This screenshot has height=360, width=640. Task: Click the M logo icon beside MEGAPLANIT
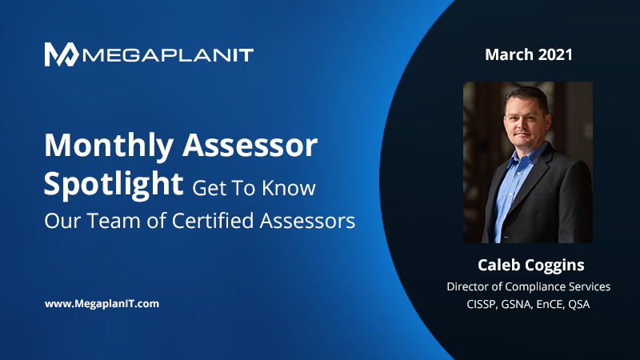click(62, 54)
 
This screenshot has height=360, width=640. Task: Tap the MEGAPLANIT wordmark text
click(168, 55)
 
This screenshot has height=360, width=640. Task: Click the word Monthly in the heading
click(109, 146)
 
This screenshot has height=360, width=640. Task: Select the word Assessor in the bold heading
click(250, 146)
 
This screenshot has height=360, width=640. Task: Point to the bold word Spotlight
click(114, 185)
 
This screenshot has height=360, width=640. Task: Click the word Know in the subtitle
click(289, 188)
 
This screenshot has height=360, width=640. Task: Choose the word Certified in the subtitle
click(213, 221)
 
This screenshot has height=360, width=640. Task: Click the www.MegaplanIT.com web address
click(102, 304)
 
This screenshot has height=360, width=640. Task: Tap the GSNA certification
click(517, 305)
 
